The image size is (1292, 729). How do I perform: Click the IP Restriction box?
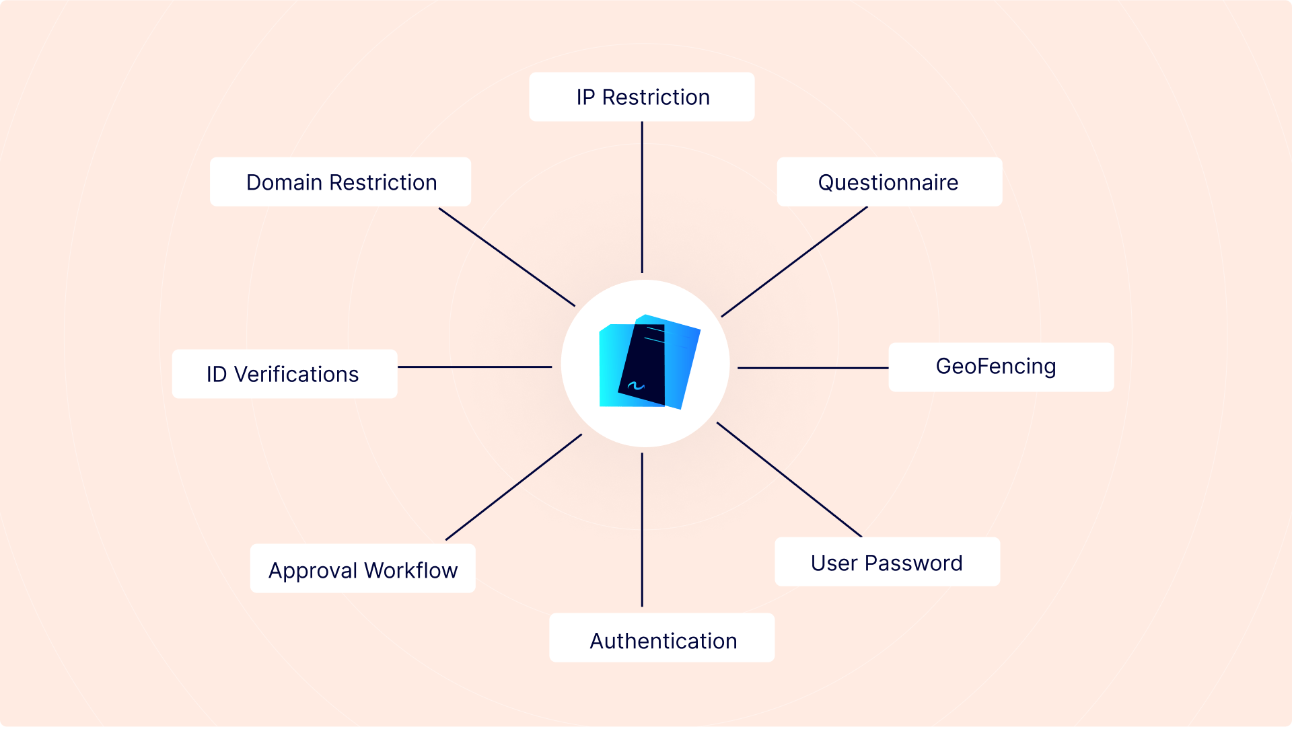click(642, 97)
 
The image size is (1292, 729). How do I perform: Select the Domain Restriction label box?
click(340, 182)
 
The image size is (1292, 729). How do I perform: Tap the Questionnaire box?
click(890, 182)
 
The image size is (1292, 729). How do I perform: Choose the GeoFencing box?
click(1001, 367)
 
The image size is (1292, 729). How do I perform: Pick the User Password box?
click(888, 562)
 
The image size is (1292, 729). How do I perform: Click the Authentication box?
click(662, 638)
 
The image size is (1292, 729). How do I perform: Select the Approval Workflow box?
click(363, 568)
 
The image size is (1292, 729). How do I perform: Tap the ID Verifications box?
click(285, 374)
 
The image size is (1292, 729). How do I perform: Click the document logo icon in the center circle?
click(649, 362)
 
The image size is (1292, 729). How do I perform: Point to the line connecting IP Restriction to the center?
click(642, 197)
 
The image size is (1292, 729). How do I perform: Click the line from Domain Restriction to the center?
click(507, 257)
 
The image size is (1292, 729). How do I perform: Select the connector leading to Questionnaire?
click(794, 262)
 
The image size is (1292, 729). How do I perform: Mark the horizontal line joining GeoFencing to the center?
click(813, 368)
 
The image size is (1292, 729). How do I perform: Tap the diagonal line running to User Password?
click(789, 479)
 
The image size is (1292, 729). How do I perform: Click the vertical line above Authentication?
click(642, 530)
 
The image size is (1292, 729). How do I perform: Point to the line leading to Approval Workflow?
click(513, 487)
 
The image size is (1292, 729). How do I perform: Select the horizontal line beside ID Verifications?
click(475, 367)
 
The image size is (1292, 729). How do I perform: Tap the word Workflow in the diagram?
click(411, 570)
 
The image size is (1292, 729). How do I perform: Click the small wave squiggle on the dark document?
click(636, 386)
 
